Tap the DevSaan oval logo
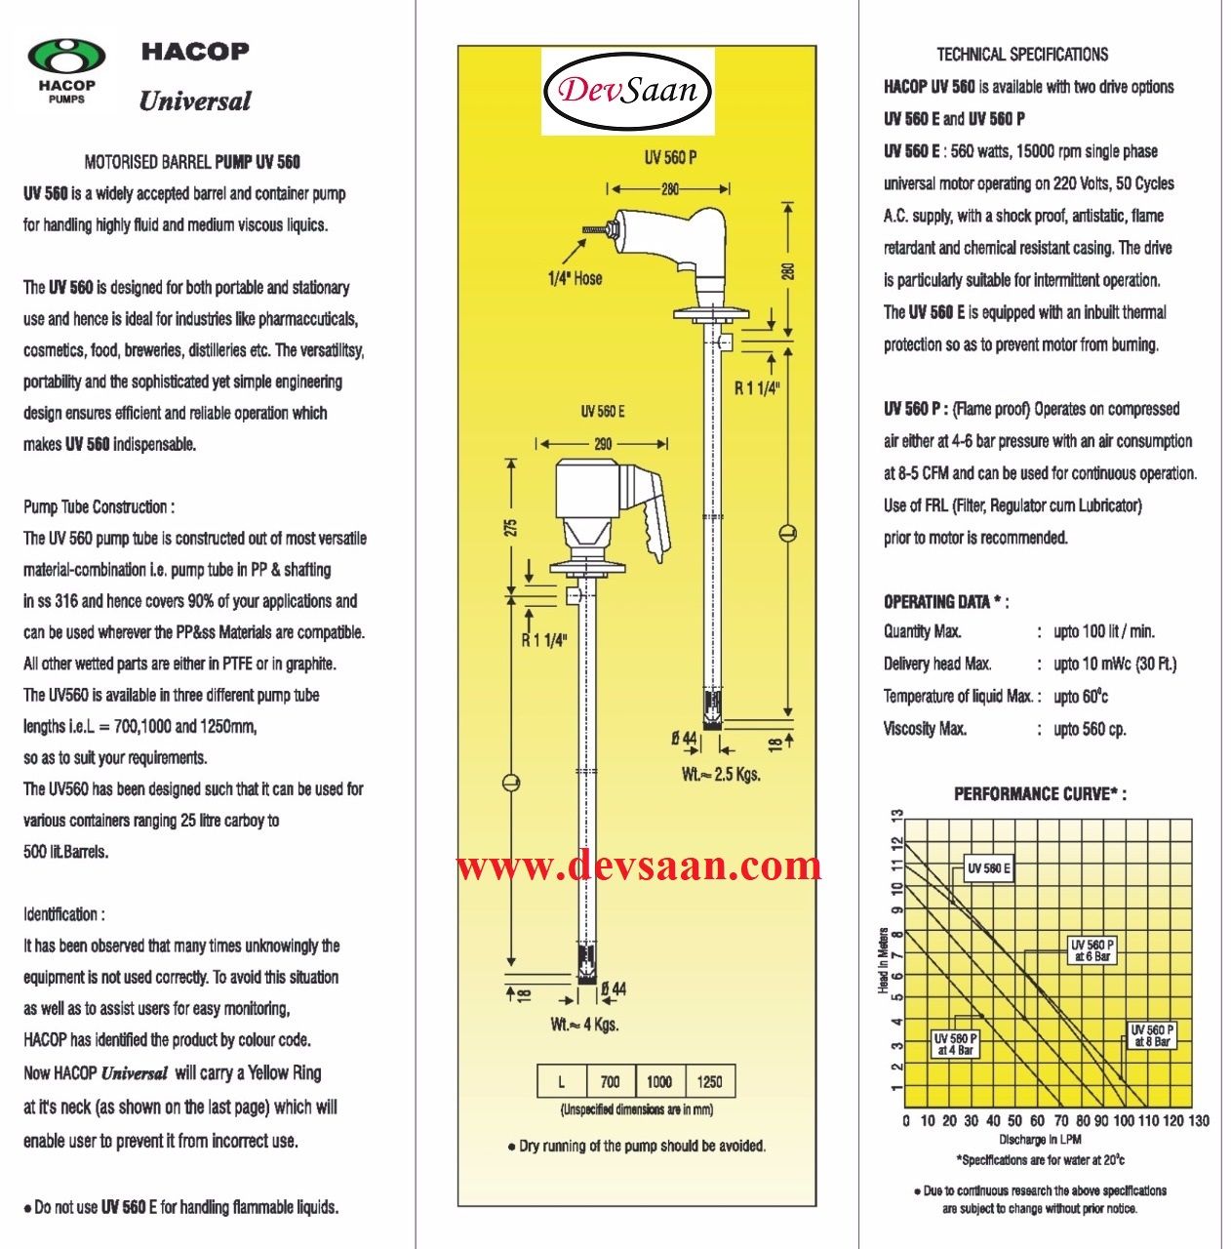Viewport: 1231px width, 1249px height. pos(628,92)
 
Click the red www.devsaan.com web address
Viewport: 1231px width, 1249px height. pos(639,866)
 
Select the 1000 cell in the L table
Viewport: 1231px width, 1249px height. pos(659,1081)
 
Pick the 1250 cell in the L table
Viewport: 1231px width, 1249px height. pos(709,1081)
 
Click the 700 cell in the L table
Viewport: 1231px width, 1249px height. pos(610,1081)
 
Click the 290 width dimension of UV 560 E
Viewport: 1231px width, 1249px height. pos(603,444)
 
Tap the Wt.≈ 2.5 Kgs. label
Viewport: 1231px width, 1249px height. pos(721,775)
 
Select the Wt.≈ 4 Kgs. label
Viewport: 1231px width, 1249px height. pos(584,1025)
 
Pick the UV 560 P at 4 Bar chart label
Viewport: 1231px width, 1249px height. pos(956,1044)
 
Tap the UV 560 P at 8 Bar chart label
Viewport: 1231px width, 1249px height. pos(1152,1035)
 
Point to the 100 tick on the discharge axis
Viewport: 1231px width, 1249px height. pos(1124,1121)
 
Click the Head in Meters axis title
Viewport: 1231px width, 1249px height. pos(883,961)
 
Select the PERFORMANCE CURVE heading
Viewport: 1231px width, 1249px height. pos(1040,794)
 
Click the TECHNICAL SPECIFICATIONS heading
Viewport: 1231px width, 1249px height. pos(1021,55)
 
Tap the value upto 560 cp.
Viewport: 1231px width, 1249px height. pos(1090,729)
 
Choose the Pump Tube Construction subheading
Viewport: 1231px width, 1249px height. pos(99,507)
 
